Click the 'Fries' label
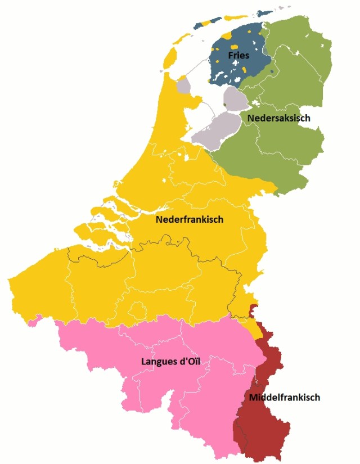tap(239, 55)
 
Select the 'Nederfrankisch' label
tap(190, 220)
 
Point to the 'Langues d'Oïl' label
tap(171, 361)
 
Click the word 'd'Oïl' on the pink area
tap(189, 361)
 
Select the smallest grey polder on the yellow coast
tap(183, 87)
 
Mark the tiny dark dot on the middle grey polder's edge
tap(225, 104)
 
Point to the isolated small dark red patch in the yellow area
tap(253, 308)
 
